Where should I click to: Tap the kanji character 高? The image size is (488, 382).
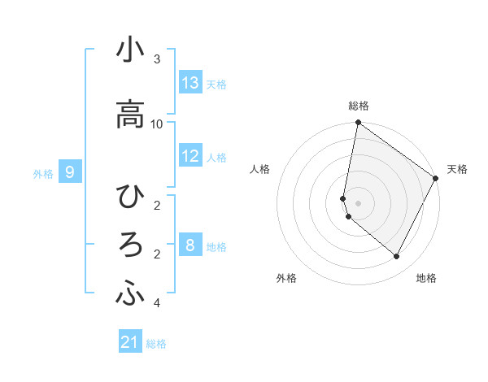130,114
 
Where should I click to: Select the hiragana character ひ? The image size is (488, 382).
130,197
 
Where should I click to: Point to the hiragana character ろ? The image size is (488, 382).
130,246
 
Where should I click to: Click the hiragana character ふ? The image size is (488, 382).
130,295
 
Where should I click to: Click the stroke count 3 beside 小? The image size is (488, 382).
157,59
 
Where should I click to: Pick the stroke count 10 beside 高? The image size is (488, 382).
157,124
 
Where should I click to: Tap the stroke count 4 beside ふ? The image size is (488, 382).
157,304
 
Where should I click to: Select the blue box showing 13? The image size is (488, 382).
190,83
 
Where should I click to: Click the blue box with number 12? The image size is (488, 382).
190,156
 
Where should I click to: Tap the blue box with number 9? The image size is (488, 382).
70,172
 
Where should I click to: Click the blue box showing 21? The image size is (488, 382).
130,342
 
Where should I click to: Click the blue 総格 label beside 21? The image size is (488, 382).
157,344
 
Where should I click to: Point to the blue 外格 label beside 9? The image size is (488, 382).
43,173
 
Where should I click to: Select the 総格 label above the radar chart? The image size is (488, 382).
359,106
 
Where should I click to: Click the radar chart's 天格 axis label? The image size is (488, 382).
457,169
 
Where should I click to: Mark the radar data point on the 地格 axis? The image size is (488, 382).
397,257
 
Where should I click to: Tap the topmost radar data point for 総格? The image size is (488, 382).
358,124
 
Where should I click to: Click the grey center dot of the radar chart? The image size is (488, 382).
358,203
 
